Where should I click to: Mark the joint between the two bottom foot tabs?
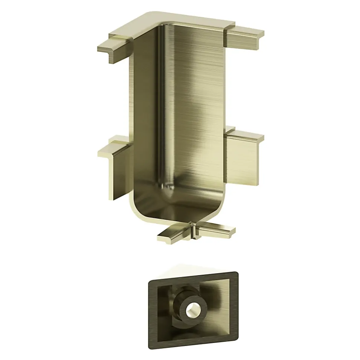pos(192,232)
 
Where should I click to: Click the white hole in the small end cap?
pos(192,308)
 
